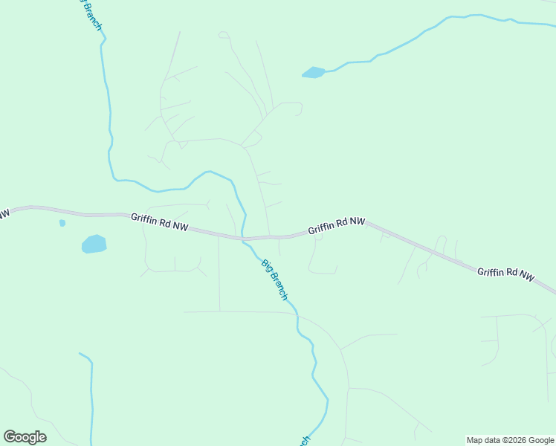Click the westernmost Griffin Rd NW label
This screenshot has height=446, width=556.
point(159,222)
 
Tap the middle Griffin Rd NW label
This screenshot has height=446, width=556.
point(337,225)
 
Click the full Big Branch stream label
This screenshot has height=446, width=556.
point(274,279)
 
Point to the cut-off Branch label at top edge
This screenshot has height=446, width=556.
point(90,13)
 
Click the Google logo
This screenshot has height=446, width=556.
point(25,436)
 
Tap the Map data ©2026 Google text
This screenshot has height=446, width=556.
point(510,440)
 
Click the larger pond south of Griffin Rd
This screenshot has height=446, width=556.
point(94,244)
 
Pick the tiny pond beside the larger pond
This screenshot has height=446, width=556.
point(62,222)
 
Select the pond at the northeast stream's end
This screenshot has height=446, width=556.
point(313,72)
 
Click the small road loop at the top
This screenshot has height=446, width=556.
point(223,35)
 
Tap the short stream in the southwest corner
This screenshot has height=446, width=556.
point(91,394)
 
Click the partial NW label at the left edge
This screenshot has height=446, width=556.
point(4,214)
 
